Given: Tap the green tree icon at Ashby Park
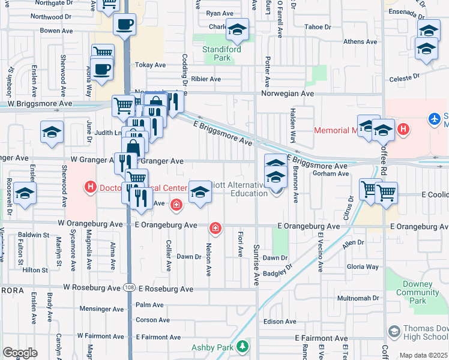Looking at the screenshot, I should (242, 346).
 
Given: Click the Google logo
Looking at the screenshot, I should (20, 353).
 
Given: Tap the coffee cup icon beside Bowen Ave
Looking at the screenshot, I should (125, 25).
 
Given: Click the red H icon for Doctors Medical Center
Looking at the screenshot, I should (91, 188).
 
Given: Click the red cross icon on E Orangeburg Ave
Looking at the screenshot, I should (215, 228).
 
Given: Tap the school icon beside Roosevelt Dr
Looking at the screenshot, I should (25, 193).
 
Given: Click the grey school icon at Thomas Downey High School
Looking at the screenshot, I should (394, 332).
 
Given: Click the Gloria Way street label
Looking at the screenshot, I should (363, 266).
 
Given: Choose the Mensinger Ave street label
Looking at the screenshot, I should (102, 309).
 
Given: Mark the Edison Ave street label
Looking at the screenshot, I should (280, 322).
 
